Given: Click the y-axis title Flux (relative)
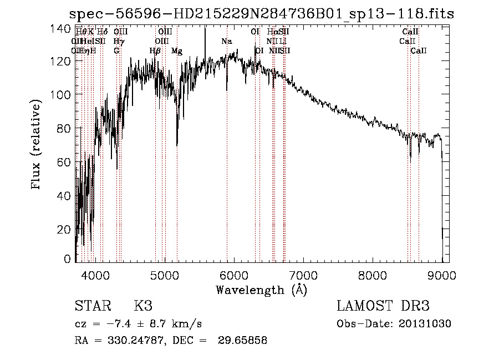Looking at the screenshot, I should (37, 145).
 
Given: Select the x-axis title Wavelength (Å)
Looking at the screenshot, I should (261, 290).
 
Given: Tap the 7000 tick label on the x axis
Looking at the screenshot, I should (303, 275).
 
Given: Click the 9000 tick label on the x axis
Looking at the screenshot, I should (442, 275).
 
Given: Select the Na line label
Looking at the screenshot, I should (227, 42).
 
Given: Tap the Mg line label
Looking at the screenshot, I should (177, 51).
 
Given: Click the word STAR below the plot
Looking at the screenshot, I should (91, 307).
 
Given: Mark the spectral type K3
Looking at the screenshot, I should (142, 307).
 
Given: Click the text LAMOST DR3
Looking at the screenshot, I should (383, 307).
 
